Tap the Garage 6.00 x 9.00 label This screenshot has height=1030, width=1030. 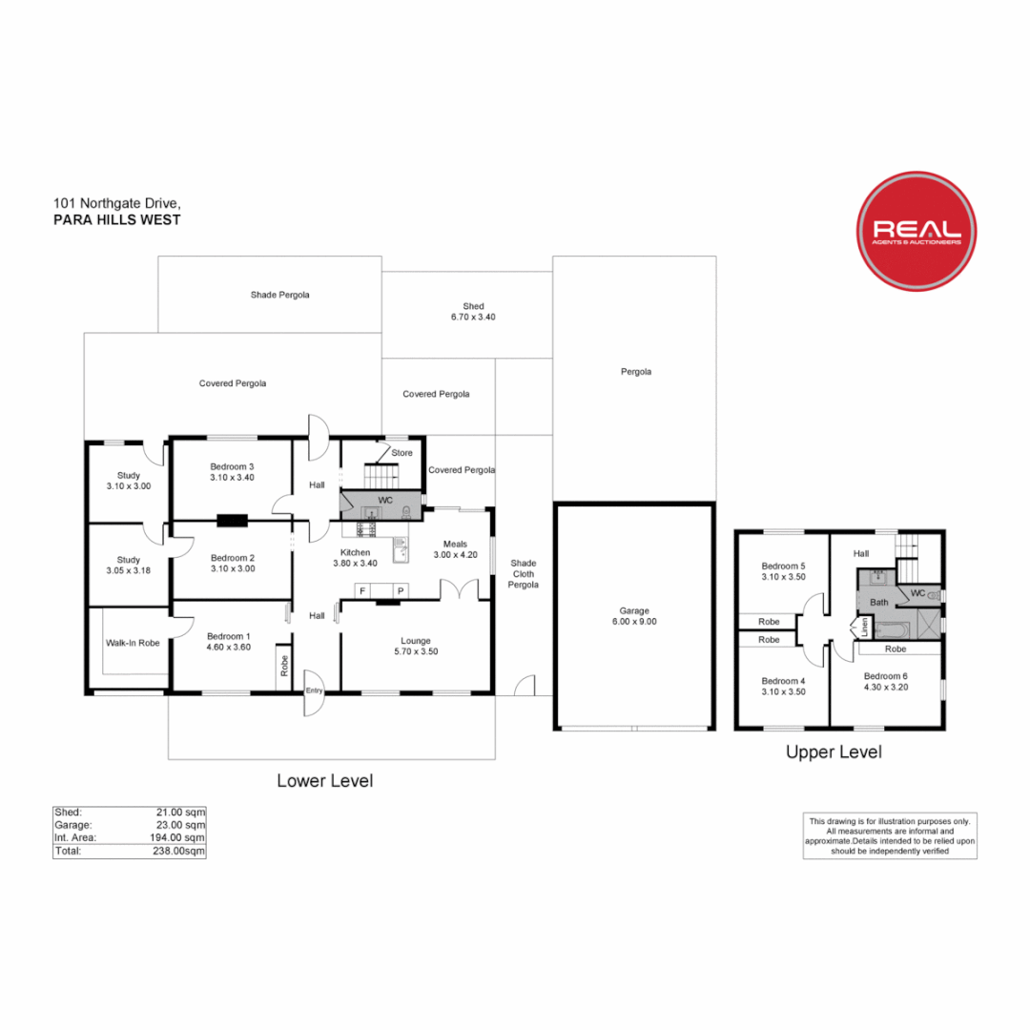pos(633,615)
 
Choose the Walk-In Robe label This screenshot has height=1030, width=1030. pos(133,643)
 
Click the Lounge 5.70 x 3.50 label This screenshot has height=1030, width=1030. pos(416,646)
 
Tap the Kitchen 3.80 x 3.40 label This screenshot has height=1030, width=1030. pos(356,558)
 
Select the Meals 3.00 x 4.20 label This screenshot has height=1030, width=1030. pos(455,549)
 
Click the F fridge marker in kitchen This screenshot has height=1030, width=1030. pos(362,591)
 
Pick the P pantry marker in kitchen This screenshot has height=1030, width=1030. pos(401,591)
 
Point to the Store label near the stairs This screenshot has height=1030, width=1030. pos(402,453)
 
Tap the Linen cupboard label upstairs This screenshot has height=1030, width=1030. pos(865,628)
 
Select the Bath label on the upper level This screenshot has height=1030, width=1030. pos(878,603)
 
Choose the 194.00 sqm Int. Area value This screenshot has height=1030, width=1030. pos(180,838)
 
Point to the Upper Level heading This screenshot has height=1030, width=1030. pos(833,752)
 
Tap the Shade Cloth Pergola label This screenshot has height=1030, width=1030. pos(524,573)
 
